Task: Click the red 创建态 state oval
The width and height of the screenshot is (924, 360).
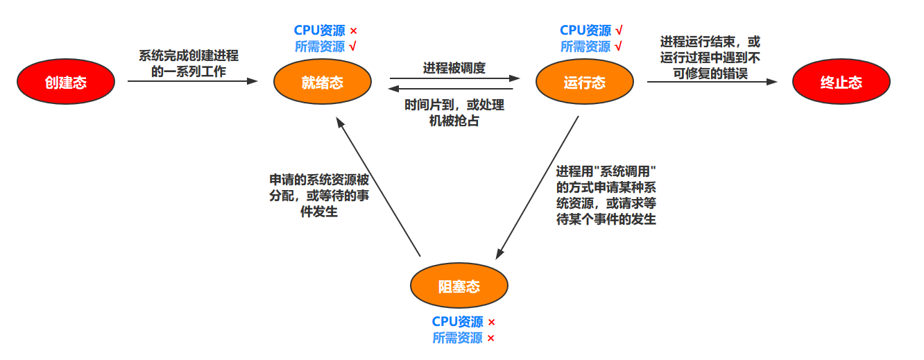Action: (65, 83)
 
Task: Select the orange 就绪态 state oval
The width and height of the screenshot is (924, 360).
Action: (322, 83)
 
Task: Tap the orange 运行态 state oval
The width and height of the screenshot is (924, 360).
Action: (584, 83)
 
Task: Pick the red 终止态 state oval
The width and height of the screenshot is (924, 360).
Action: (841, 83)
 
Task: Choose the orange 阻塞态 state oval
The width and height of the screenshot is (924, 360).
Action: (459, 286)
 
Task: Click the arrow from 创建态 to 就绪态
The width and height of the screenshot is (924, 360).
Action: (192, 81)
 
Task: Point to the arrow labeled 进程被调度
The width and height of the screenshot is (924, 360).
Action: (454, 78)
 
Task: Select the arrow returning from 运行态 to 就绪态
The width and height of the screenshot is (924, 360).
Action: (451, 89)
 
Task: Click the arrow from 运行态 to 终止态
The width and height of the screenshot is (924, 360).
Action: (712, 81)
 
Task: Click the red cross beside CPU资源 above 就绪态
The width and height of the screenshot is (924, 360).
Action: (353, 31)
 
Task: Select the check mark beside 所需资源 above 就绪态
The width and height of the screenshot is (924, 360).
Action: (353, 47)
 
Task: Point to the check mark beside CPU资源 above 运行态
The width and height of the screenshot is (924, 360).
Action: (619, 31)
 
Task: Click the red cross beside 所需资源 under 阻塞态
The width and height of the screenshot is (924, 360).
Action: (490, 338)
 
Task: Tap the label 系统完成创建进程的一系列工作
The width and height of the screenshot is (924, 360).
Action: (189, 64)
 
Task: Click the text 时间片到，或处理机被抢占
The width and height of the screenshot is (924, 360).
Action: (454, 113)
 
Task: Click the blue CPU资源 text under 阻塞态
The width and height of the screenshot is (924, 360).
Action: (457, 322)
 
